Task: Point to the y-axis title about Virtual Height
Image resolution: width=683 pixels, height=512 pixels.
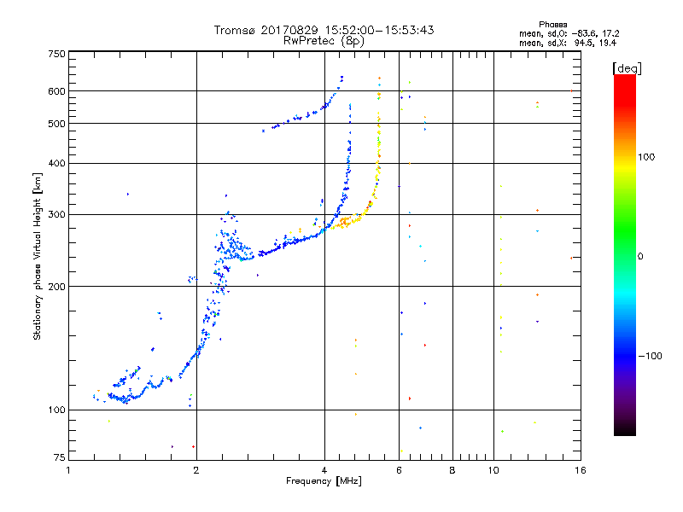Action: (x=38, y=256)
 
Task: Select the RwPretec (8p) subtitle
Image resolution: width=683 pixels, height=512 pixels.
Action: (x=324, y=40)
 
